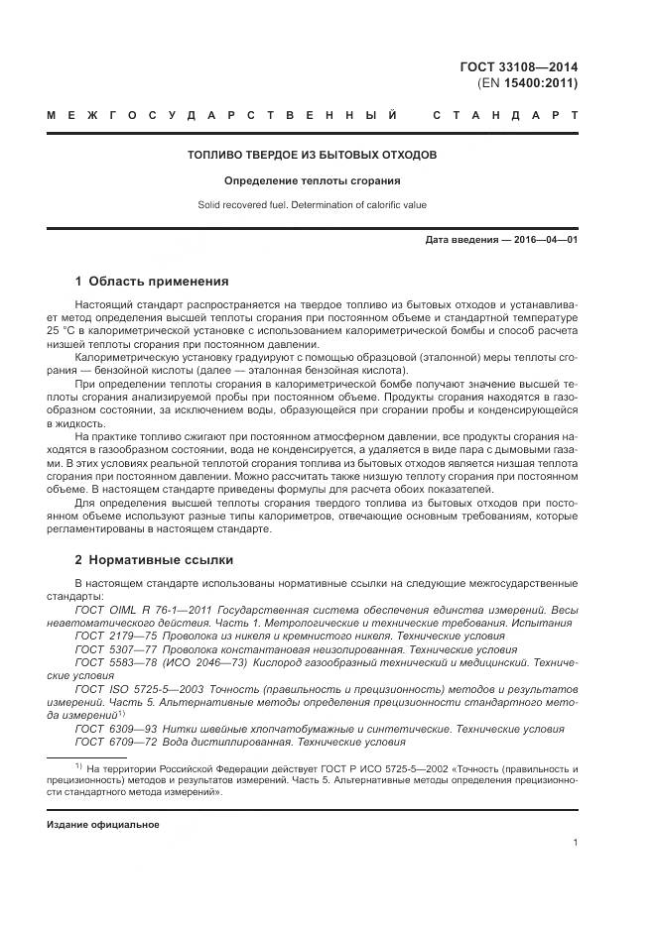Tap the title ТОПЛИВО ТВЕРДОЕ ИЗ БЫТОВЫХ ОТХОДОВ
(313, 155)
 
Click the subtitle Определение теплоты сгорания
(313, 181)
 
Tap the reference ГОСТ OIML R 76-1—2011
(137, 610)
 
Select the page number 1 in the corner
(575, 843)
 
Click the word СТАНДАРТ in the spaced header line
(505, 116)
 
